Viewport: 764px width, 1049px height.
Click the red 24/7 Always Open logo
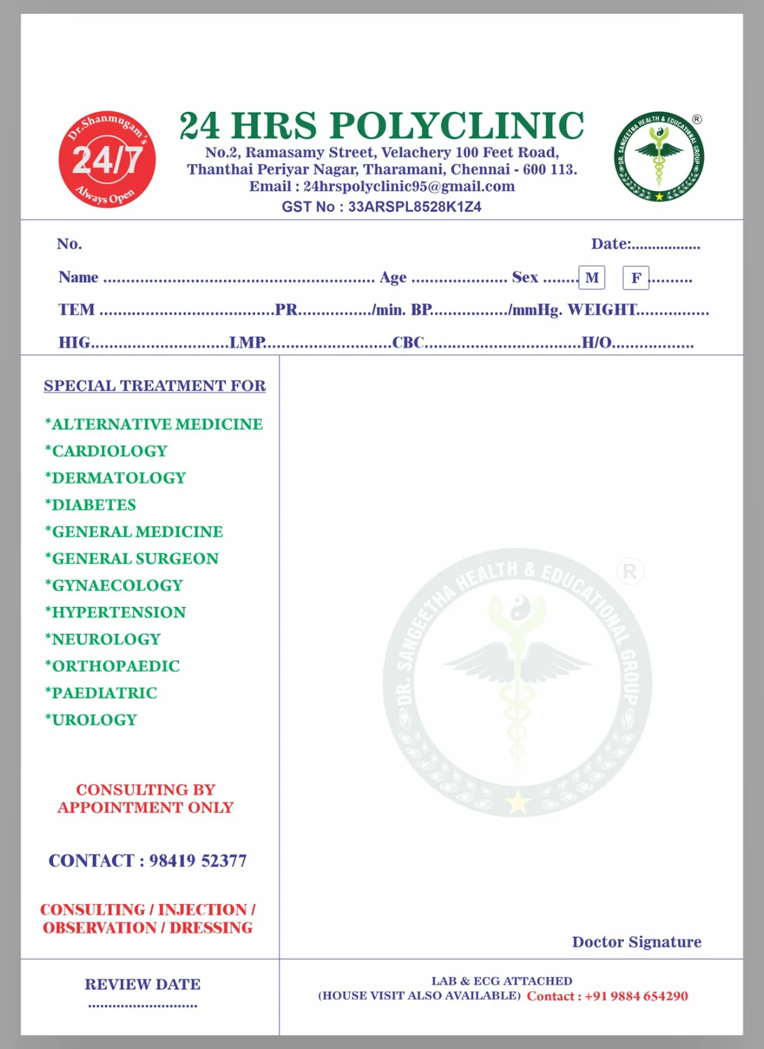pyautogui.click(x=107, y=159)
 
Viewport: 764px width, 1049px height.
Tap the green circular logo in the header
pyautogui.click(x=658, y=157)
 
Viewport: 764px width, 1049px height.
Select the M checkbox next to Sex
pyautogui.click(x=592, y=278)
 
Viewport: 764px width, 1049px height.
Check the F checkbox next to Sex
pyautogui.click(x=636, y=278)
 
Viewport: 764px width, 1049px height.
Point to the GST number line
pyautogui.click(x=381, y=206)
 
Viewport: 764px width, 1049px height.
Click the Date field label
pyautogui.click(x=610, y=244)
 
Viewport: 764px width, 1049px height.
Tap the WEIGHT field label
pyautogui.click(x=602, y=310)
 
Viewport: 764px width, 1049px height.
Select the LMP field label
pyautogui.click(x=247, y=343)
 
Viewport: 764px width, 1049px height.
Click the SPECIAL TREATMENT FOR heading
pyautogui.click(x=155, y=386)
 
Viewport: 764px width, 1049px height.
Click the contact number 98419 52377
pyautogui.click(x=197, y=861)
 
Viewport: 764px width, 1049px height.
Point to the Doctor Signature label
pyautogui.click(x=637, y=942)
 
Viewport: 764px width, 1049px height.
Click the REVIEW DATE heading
pyautogui.click(x=143, y=985)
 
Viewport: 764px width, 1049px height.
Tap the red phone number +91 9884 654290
pyautogui.click(x=636, y=996)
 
